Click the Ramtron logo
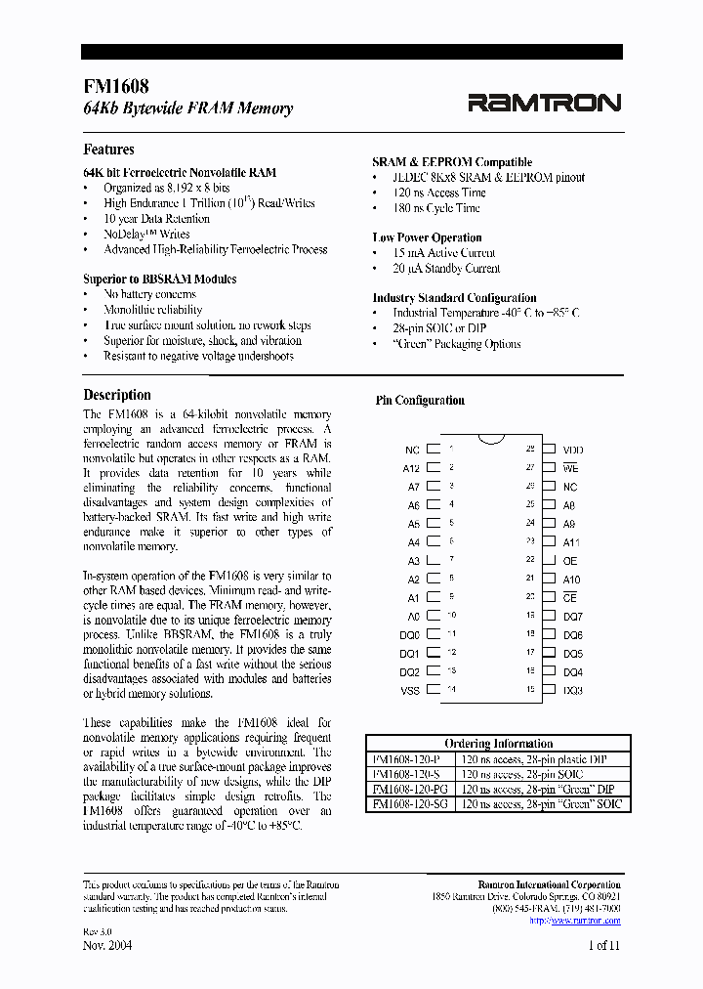pyautogui.click(x=544, y=103)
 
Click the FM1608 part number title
pyautogui.click(x=116, y=86)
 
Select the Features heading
pyautogui.click(x=109, y=150)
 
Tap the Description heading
pyautogui.click(x=117, y=395)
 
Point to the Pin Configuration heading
pyautogui.click(x=420, y=401)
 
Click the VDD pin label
pyautogui.click(x=573, y=450)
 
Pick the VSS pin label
pyautogui.click(x=410, y=690)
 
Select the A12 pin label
pyautogui.click(x=411, y=468)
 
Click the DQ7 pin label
pyautogui.click(x=573, y=617)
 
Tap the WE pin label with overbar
pyautogui.click(x=571, y=468)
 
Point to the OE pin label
pyautogui.click(x=570, y=561)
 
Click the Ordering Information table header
pyautogui.click(x=498, y=744)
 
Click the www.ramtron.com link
pyautogui.click(x=574, y=921)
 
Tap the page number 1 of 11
pyautogui.click(x=604, y=945)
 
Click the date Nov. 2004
pyautogui.click(x=107, y=945)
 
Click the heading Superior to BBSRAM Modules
pyautogui.click(x=159, y=279)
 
